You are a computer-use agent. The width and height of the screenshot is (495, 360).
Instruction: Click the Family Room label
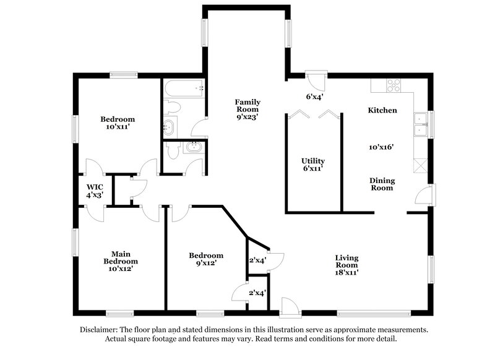247,108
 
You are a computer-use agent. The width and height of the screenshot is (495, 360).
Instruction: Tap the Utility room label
313,165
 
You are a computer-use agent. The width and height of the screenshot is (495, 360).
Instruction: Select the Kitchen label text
382,110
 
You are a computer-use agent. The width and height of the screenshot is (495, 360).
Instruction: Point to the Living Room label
347,265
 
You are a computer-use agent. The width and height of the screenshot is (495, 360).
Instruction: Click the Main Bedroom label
120,261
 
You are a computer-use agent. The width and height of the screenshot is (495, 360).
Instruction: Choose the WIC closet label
95,190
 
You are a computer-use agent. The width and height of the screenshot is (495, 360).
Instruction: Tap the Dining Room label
382,184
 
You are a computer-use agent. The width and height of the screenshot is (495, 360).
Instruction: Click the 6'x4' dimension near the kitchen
315,96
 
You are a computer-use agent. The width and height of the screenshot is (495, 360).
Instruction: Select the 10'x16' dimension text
382,147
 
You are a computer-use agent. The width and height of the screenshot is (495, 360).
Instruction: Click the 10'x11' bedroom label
118,123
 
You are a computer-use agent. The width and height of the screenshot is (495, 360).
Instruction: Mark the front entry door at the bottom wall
288,306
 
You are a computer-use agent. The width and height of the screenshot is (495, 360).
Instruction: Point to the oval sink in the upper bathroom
170,128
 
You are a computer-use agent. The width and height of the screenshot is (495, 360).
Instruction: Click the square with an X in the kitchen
421,165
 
